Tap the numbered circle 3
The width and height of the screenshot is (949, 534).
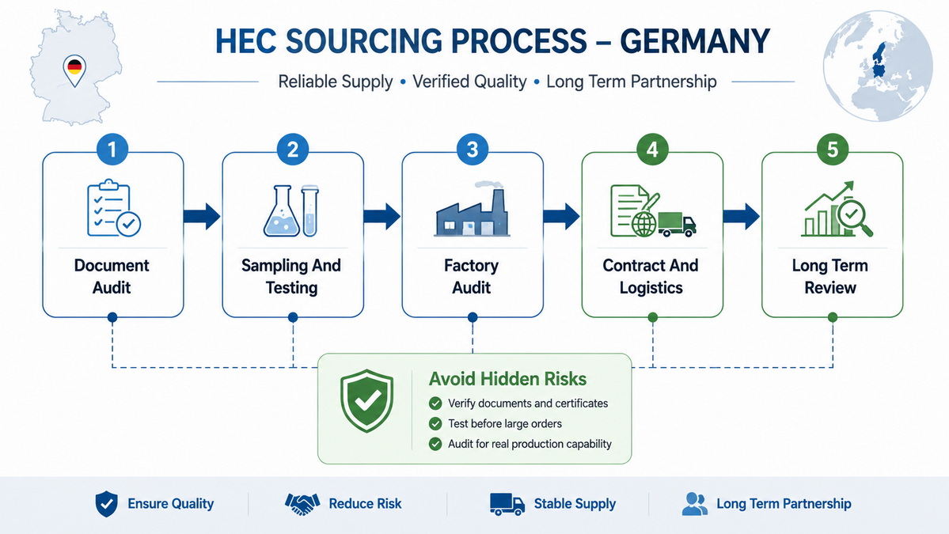(473, 150)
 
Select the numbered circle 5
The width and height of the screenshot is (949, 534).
(832, 150)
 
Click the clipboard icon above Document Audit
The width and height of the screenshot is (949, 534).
(113, 207)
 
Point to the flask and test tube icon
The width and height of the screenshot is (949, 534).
(291, 210)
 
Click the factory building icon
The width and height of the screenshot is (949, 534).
(472, 209)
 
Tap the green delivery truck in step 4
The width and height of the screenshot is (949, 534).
(677, 224)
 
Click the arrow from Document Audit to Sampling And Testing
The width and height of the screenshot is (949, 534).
(202, 217)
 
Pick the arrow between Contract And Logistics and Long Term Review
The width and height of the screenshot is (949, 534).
(742, 217)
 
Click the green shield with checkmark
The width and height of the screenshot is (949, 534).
(366, 401)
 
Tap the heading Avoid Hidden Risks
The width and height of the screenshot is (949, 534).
(508, 379)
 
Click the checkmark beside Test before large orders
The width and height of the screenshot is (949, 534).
(435, 424)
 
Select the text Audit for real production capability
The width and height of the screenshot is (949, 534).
(530, 444)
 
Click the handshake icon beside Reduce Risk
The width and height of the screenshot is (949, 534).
(302, 504)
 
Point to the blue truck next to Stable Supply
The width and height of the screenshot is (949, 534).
(507, 504)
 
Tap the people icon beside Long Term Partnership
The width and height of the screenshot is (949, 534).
(695, 504)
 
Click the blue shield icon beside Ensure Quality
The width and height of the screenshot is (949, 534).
(107, 504)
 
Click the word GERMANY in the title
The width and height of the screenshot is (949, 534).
(695, 41)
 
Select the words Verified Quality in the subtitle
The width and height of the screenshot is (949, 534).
(469, 81)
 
